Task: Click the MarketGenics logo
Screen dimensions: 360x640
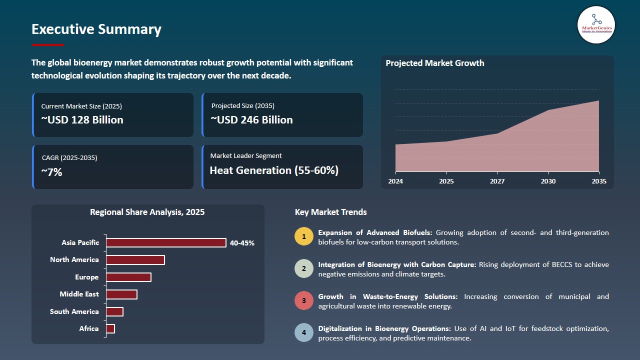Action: point(595,24)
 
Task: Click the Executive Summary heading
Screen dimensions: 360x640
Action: point(96,29)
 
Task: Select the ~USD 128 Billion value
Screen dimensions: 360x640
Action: point(82,120)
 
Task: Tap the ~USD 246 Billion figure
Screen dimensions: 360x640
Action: point(251,120)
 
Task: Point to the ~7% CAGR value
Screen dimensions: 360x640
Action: point(51,172)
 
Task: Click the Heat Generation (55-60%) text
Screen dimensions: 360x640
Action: point(274,170)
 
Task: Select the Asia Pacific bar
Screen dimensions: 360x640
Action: point(166,242)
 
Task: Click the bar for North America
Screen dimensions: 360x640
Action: point(135,260)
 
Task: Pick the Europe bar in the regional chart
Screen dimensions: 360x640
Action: point(128,277)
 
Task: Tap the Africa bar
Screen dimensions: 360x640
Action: point(110,328)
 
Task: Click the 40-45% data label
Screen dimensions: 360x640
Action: point(242,243)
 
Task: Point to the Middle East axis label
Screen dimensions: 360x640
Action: point(79,294)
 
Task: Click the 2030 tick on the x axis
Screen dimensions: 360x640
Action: point(548,181)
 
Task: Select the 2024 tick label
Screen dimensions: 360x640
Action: point(395,181)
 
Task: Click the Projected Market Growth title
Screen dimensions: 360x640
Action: point(434,63)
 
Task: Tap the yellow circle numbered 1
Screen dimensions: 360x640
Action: point(303,236)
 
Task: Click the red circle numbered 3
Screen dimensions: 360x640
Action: point(303,301)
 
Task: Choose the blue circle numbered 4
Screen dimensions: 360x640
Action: point(303,333)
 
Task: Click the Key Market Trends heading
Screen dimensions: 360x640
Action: point(330,212)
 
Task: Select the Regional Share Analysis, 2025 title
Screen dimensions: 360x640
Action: point(147,212)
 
